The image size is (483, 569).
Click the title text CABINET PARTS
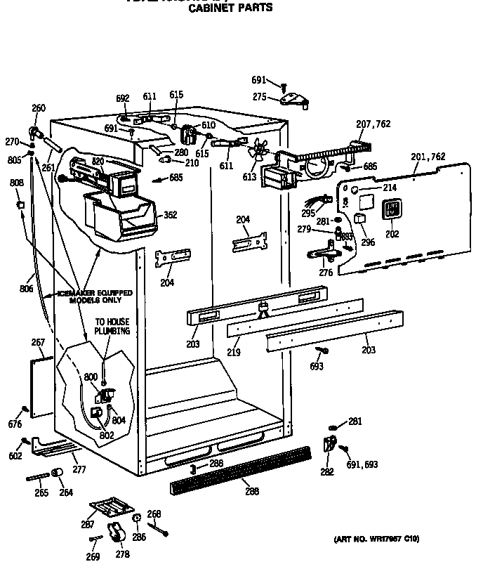tap(232, 8)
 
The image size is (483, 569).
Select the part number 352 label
tap(170, 216)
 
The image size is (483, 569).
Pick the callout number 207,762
tap(373, 124)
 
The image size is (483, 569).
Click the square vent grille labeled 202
tap(390, 211)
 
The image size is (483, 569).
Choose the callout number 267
tap(38, 343)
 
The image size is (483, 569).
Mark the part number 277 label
tap(79, 469)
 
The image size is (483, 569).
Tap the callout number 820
tap(98, 161)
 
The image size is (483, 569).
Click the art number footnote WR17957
tap(376, 539)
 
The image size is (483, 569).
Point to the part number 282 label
tap(326, 472)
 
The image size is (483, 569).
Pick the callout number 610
tap(208, 125)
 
